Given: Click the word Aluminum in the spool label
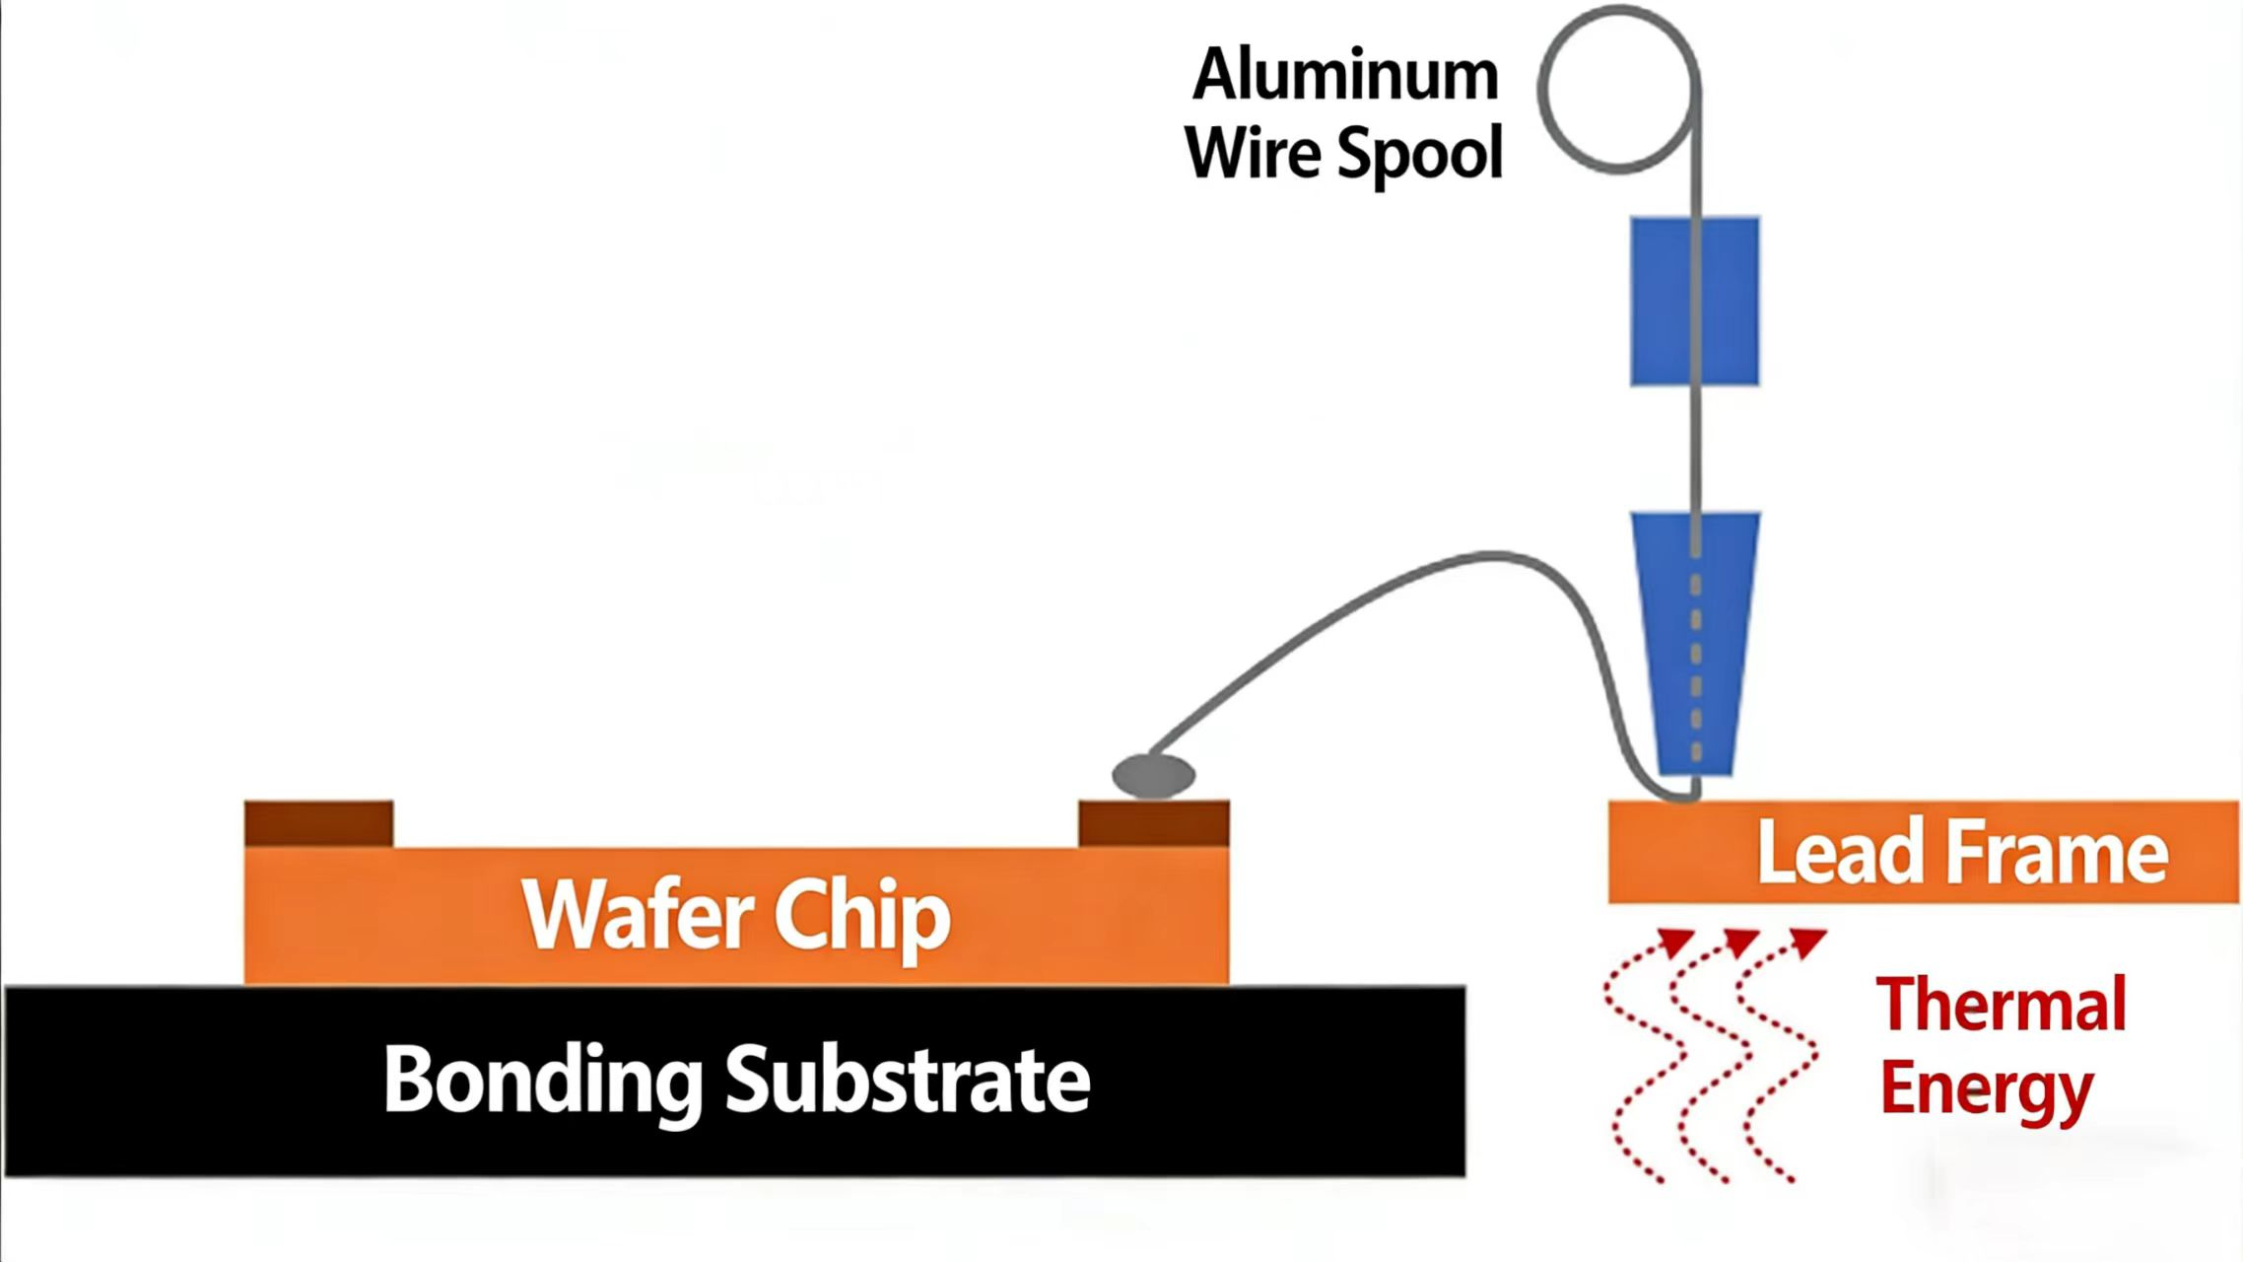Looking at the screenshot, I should [x=1345, y=76].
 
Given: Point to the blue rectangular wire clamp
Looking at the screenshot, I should [x=1694, y=301].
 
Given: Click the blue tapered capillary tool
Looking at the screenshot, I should [x=1695, y=641].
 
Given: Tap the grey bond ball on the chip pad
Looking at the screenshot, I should [x=1154, y=775].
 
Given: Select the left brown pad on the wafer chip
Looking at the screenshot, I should [x=318, y=823].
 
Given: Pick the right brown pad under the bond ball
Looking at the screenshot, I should [x=1154, y=823].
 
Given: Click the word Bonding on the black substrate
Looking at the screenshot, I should [x=541, y=1081].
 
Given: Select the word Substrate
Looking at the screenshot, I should [x=908, y=1081].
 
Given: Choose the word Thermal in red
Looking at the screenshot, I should [x=2001, y=1006].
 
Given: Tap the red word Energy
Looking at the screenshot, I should [x=1985, y=1088].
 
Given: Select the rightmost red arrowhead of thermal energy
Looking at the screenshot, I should [x=1808, y=942].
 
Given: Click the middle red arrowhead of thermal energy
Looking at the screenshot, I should [x=1741, y=942].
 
